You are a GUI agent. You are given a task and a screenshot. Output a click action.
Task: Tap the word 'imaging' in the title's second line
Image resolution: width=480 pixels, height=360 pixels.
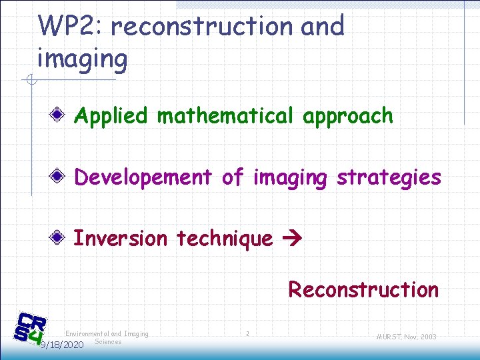pyautogui.click(x=82, y=59)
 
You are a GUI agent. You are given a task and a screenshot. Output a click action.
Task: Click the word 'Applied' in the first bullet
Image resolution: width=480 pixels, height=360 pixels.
pyautogui.click(x=111, y=117)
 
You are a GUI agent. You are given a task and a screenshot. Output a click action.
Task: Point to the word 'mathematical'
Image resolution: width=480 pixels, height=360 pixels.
pyautogui.click(x=225, y=117)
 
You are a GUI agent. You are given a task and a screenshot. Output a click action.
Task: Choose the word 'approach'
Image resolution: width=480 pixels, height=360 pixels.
pyautogui.click(x=347, y=117)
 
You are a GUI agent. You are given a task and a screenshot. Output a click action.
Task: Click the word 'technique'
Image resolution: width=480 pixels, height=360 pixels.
pyautogui.click(x=223, y=238)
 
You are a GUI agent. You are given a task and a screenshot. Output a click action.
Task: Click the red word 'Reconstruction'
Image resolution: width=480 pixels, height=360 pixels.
pyautogui.click(x=363, y=290)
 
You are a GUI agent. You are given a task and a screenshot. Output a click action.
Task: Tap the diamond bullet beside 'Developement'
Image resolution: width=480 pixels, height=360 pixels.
pyautogui.click(x=60, y=177)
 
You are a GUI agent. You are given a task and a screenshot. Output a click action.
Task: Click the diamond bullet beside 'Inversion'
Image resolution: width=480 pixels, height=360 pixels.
pyautogui.click(x=60, y=238)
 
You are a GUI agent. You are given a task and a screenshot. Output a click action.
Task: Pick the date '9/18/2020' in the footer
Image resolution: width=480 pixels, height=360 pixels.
pyautogui.click(x=61, y=345)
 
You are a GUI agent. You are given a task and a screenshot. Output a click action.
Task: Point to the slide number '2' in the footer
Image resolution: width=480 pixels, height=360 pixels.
pyautogui.click(x=247, y=333)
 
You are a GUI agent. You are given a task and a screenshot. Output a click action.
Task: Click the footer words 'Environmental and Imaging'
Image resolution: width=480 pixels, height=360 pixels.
pyautogui.click(x=107, y=333)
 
